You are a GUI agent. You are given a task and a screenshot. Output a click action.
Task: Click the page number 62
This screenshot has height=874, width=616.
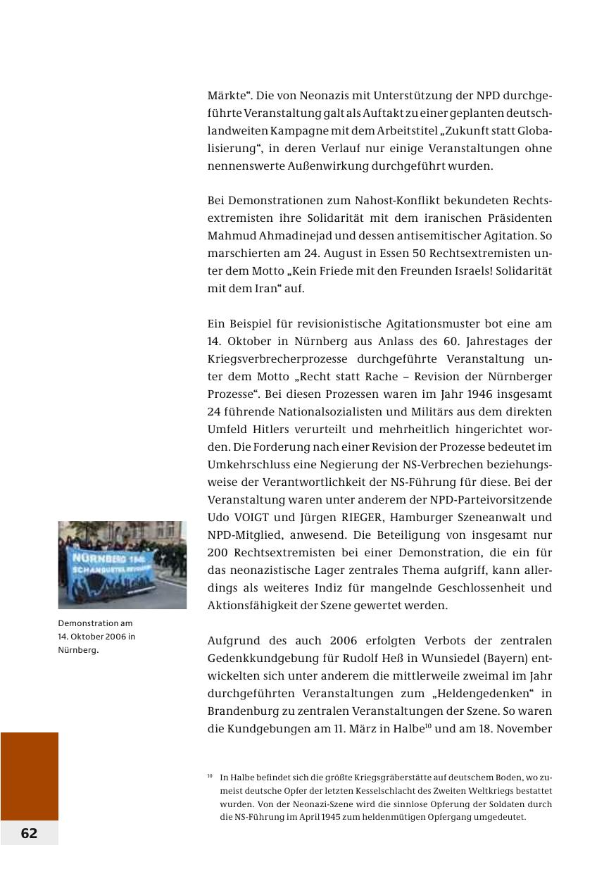29,833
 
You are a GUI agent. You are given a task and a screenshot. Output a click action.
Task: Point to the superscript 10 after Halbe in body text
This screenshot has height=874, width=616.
422,725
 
